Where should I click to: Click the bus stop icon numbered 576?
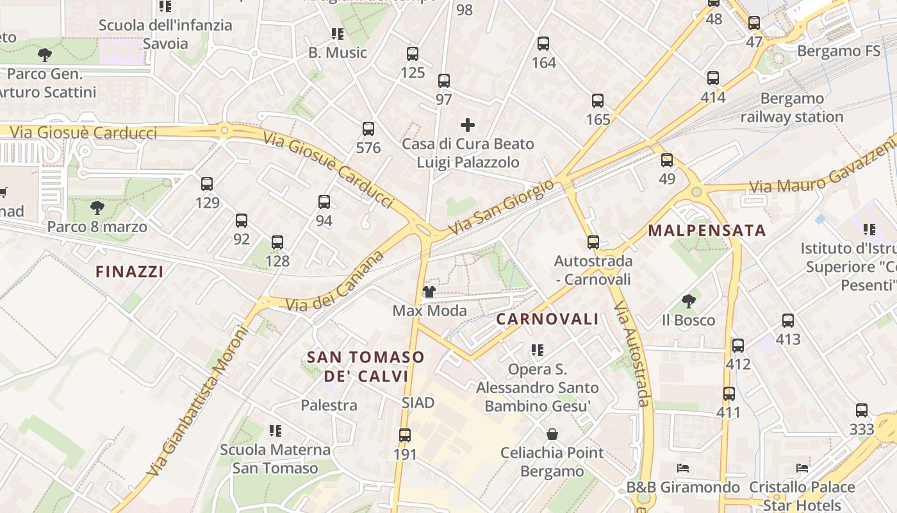pyautogui.click(x=368, y=129)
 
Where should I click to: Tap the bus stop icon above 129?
pyautogui.click(x=207, y=184)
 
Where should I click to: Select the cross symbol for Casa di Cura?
pyautogui.click(x=468, y=125)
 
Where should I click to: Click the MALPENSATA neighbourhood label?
pyautogui.click(x=707, y=231)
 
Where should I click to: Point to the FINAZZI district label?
pyautogui.click(x=129, y=272)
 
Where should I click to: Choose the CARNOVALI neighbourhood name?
pyautogui.click(x=547, y=319)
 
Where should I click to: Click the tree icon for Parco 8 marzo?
pyautogui.click(x=97, y=208)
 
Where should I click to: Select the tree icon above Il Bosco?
pyautogui.click(x=688, y=301)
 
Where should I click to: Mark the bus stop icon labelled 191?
pyautogui.click(x=405, y=435)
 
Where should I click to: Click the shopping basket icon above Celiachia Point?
pyautogui.click(x=552, y=434)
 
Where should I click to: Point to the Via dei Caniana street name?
pyautogui.click(x=334, y=282)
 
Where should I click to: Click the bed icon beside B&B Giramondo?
pyautogui.click(x=683, y=468)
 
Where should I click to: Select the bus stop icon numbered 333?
pyautogui.click(x=862, y=410)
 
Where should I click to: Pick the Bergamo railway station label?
pyautogui.click(x=792, y=108)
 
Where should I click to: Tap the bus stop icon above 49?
pyautogui.click(x=667, y=160)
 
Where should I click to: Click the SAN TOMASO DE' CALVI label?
pyautogui.click(x=366, y=366)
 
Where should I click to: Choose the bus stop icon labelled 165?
pyautogui.click(x=598, y=101)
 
